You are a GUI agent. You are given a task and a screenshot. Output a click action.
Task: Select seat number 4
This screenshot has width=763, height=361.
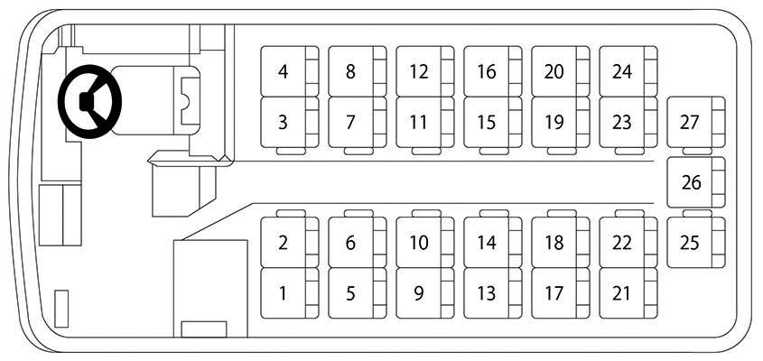click(290, 71)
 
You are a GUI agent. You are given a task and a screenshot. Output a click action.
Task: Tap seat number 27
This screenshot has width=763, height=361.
click(696, 122)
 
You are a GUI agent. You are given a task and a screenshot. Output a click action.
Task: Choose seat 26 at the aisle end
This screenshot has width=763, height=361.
click(696, 182)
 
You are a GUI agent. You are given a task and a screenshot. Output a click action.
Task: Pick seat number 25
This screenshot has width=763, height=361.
click(696, 242)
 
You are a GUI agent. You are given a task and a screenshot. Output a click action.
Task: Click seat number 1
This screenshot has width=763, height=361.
click(290, 293)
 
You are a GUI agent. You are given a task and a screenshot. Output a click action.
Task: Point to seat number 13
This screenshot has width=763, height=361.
click(492, 293)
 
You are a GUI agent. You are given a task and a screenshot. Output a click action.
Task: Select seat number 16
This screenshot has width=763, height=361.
click(492, 71)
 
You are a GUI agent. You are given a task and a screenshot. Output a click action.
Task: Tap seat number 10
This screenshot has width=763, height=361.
click(424, 242)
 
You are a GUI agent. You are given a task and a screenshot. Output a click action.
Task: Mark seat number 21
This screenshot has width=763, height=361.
click(628, 293)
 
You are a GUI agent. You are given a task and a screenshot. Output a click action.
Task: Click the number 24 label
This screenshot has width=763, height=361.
click(622, 72)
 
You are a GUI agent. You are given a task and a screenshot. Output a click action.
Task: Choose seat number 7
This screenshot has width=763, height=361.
click(358, 122)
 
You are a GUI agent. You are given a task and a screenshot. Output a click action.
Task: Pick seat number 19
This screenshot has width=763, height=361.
click(560, 122)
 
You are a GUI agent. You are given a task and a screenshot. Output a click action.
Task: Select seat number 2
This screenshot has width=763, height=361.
click(290, 242)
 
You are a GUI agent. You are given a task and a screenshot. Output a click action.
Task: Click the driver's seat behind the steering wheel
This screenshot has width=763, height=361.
click(155, 100)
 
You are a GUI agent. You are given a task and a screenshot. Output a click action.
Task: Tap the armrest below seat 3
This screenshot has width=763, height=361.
click(291, 152)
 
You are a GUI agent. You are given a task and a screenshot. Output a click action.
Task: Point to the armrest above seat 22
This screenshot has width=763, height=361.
click(629, 213)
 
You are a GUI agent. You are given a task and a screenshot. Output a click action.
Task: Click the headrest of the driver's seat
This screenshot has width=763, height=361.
click(190, 101)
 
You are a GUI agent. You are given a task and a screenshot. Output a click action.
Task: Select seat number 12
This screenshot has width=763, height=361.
click(424, 71)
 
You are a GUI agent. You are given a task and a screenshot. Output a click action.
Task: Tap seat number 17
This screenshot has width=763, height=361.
click(560, 293)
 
